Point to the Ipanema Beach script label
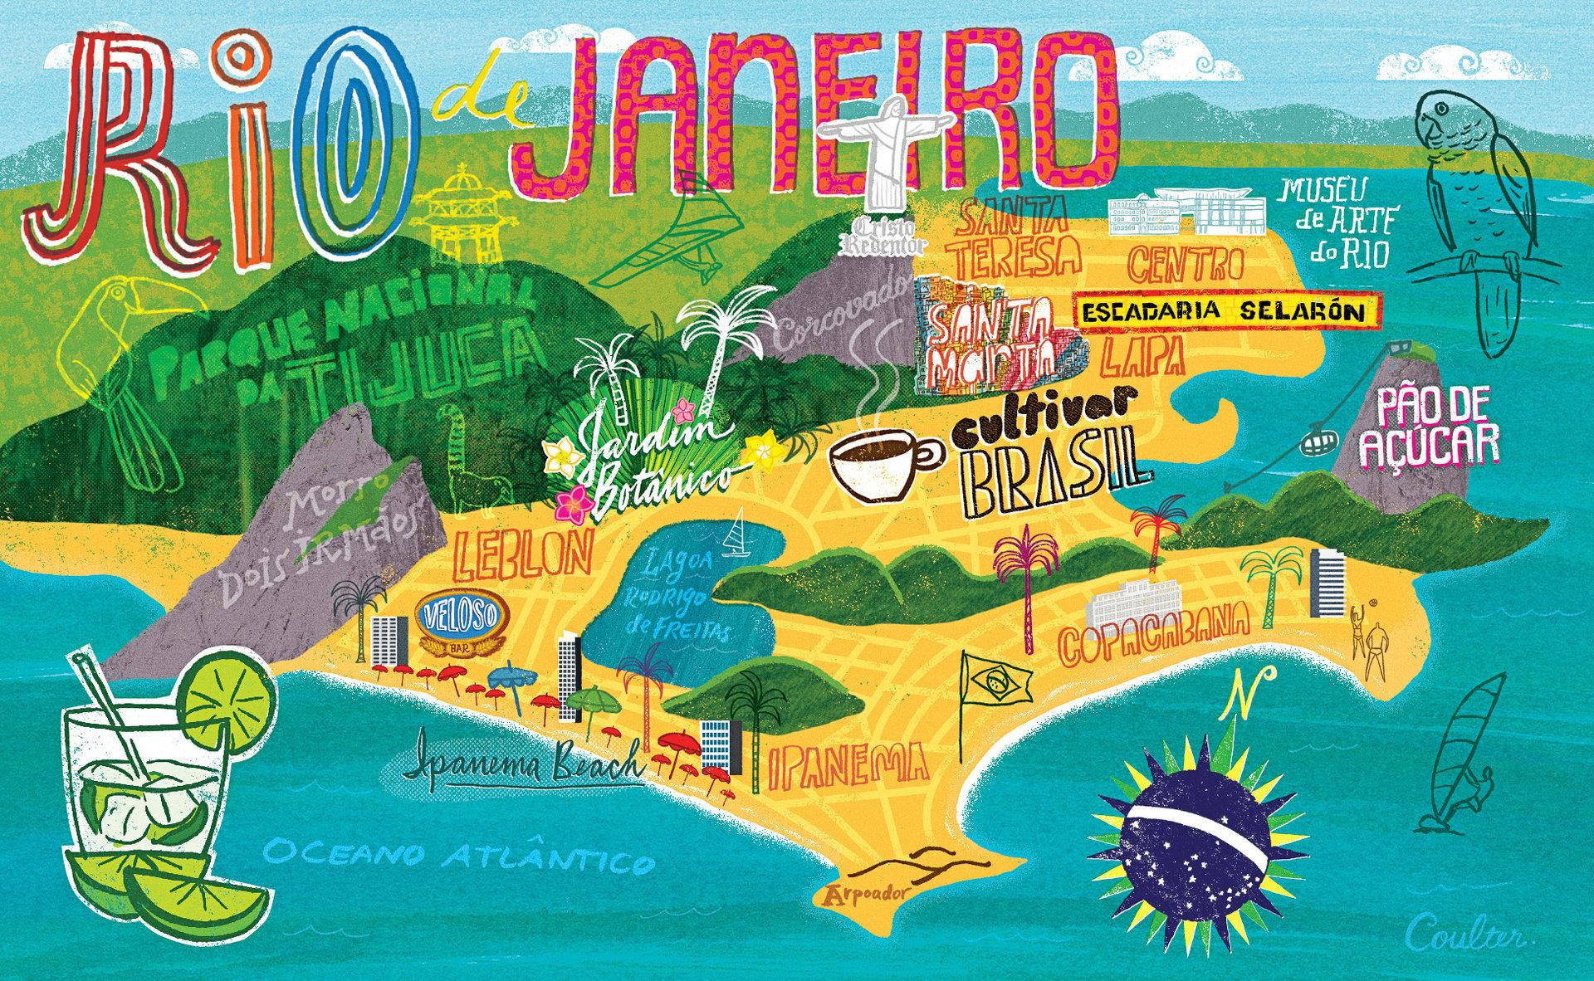[x=527, y=764]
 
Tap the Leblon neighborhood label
[x=523, y=554]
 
